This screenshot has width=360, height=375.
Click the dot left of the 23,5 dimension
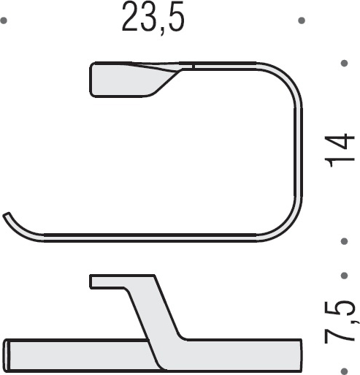[4, 21]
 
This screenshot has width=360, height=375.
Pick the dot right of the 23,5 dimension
[301, 21]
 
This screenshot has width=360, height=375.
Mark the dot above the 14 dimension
[344, 64]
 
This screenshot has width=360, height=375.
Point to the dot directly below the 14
[344, 240]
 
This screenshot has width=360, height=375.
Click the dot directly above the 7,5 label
[344, 276]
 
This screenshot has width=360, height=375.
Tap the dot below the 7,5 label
[344, 369]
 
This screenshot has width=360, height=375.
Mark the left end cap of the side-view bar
[9, 353]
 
